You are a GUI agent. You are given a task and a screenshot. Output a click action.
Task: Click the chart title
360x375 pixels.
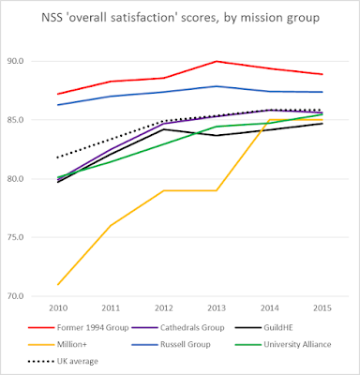181,18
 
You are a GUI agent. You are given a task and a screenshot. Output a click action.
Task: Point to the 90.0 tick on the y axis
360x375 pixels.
15,61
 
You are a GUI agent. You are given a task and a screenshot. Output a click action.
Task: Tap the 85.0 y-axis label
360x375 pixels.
15,120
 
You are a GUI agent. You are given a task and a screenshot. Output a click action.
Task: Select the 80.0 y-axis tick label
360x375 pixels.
15,178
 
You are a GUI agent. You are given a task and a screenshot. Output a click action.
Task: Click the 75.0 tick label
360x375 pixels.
15,237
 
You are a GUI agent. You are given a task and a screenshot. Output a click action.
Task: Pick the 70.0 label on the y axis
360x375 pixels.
15,296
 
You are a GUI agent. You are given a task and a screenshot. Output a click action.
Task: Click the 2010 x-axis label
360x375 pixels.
58,308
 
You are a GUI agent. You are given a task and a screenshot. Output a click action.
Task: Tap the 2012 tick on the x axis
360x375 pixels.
164,308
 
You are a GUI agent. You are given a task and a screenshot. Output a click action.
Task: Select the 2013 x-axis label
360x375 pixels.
217,308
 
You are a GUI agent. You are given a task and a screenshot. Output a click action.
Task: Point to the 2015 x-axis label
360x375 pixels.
322,308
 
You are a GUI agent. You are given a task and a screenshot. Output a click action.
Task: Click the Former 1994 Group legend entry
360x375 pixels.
79,328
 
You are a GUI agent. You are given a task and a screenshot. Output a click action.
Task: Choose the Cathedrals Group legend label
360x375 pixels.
178,328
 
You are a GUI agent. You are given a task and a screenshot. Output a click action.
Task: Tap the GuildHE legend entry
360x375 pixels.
264,328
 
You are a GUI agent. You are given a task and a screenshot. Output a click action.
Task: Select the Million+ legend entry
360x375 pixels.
57,344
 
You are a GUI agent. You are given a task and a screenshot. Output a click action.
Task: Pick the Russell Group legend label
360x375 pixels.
172,344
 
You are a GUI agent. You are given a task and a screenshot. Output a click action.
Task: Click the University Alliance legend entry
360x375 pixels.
283,344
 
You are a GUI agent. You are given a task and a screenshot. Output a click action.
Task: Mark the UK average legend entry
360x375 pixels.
63,361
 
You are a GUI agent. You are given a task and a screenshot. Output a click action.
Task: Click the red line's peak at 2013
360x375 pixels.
217,61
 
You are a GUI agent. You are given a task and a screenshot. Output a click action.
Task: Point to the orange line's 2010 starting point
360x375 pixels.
58,284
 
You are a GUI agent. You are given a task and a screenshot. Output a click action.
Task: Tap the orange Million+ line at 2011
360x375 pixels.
111,225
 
